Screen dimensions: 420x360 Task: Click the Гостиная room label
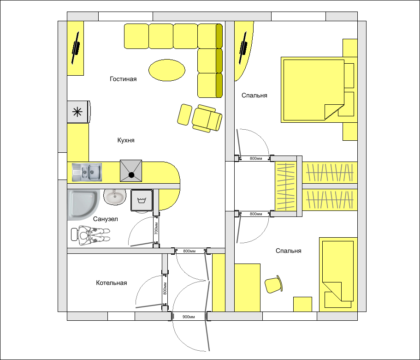click(123, 79)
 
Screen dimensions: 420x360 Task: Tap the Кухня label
click(126, 140)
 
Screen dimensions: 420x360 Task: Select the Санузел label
click(106, 219)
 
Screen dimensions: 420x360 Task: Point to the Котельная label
click(112, 283)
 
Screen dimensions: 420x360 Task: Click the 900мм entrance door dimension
click(189, 317)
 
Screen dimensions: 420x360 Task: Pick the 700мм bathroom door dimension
click(156, 228)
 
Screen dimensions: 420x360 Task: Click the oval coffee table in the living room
click(167, 70)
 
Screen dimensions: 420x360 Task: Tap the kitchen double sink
click(87, 172)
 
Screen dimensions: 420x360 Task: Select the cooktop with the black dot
click(131, 171)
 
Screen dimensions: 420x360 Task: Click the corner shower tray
click(83, 204)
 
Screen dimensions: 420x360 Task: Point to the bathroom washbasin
click(115, 197)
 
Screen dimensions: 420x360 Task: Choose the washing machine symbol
click(142, 200)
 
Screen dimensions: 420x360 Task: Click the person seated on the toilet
click(90, 235)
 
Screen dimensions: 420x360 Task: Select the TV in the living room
click(76, 48)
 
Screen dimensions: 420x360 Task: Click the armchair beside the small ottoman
click(207, 118)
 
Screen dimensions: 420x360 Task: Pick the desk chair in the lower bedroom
click(273, 284)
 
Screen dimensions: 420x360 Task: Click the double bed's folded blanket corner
click(334, 112)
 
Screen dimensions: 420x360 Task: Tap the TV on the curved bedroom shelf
click(243, 48)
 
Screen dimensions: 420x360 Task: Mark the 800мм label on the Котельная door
click(165, 288)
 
